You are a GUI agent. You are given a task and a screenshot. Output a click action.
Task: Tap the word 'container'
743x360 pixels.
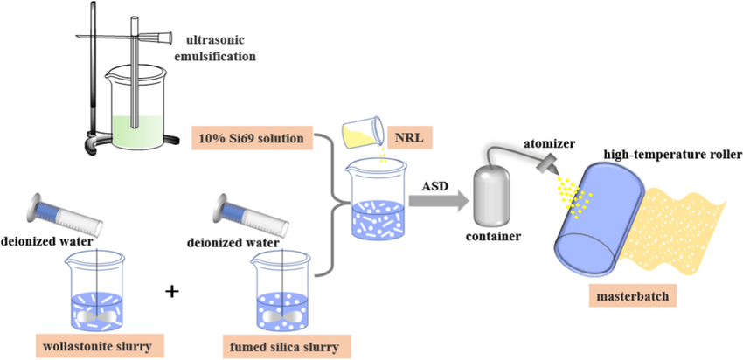pos(493,236)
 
